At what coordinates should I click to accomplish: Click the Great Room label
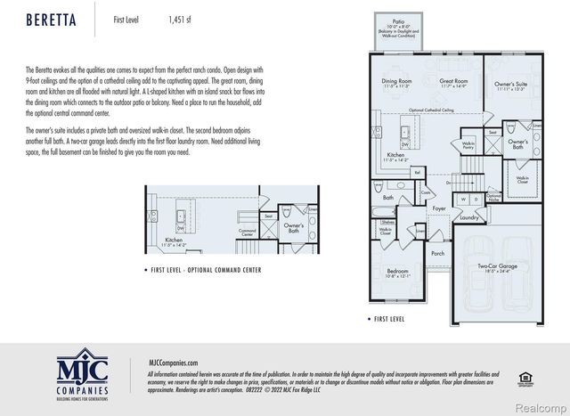pyautogui.click(x=454, y=83)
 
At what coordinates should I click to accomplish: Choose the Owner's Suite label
pyautogui.click(x=511, y=85)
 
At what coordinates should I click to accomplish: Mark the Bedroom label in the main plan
pyautogui.click(x=397, y=271)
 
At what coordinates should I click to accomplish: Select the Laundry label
pyautogui.click(x=469, y=216)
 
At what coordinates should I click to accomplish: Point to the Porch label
pyautogui.click(x=438, y=253)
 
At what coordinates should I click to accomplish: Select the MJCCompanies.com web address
pyautogui.click(x=173, y=362)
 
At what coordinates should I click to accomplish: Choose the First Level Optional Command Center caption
pyautogui.click(x=207, y=269)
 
